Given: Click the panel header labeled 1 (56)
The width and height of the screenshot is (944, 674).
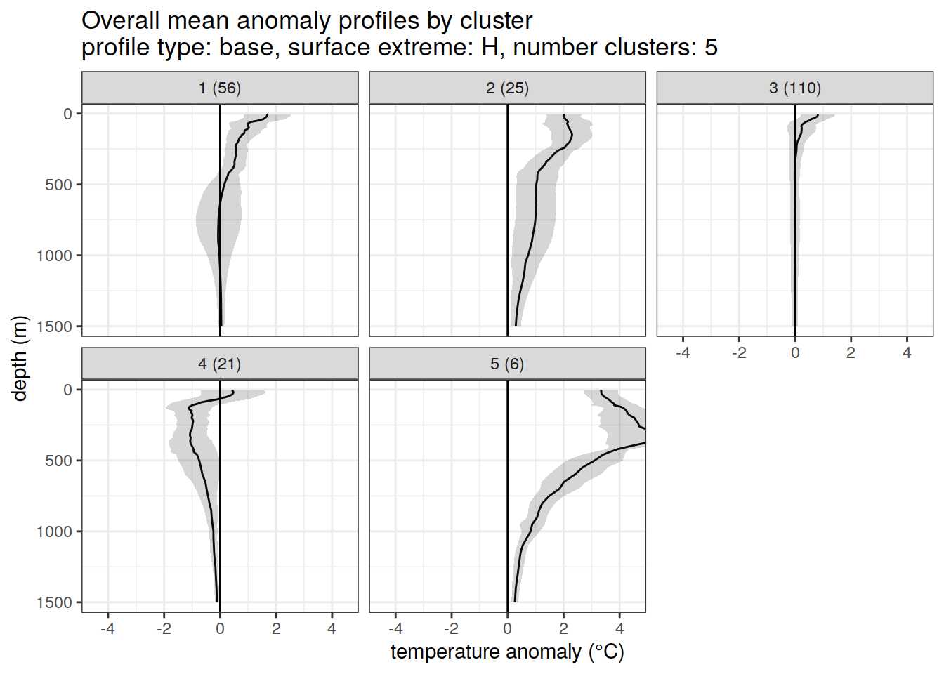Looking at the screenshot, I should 220,88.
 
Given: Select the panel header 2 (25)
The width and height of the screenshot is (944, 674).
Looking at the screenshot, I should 507,88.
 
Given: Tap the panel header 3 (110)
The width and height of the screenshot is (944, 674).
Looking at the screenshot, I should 794,88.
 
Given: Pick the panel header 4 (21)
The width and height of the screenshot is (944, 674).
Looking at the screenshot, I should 220,364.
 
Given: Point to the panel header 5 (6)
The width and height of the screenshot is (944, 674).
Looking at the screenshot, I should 507,364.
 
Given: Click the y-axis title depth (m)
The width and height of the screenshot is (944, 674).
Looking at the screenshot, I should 20,358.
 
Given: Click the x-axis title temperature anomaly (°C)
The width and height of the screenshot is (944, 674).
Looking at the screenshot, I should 507,652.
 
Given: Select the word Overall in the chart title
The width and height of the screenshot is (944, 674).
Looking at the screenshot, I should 121,21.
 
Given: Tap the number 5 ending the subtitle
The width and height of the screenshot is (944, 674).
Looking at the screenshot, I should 711,48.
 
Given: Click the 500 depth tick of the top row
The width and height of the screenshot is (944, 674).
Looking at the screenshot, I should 59,185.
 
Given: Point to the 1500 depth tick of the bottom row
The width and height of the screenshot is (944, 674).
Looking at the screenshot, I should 55,602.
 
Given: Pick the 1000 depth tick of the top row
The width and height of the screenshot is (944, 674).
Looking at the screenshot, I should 55,256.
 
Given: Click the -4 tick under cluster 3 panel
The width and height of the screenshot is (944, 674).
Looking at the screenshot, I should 683,352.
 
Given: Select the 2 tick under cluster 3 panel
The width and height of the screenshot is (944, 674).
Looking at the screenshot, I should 851,352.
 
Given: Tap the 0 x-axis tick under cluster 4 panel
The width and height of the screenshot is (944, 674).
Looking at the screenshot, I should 220,628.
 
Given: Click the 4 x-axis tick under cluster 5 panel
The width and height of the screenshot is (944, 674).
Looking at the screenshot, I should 619,628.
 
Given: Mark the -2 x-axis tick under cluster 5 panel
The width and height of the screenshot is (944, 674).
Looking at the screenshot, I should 451,628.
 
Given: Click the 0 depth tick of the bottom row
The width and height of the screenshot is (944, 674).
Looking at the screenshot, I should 68,390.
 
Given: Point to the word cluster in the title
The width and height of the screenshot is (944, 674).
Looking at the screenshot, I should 496,21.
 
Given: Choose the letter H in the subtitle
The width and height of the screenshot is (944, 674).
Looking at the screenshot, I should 490,48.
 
